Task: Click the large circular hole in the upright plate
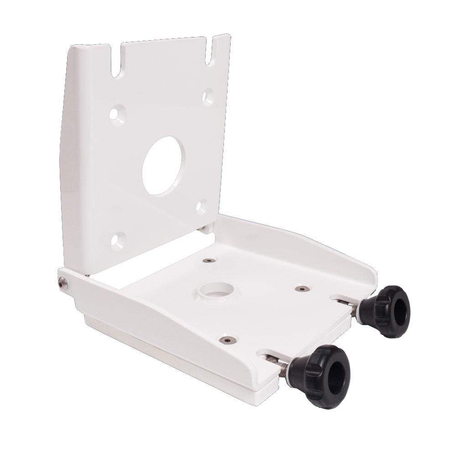[164, 166]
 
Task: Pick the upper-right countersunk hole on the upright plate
[208, 97]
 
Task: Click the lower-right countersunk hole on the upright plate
[201, 207]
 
